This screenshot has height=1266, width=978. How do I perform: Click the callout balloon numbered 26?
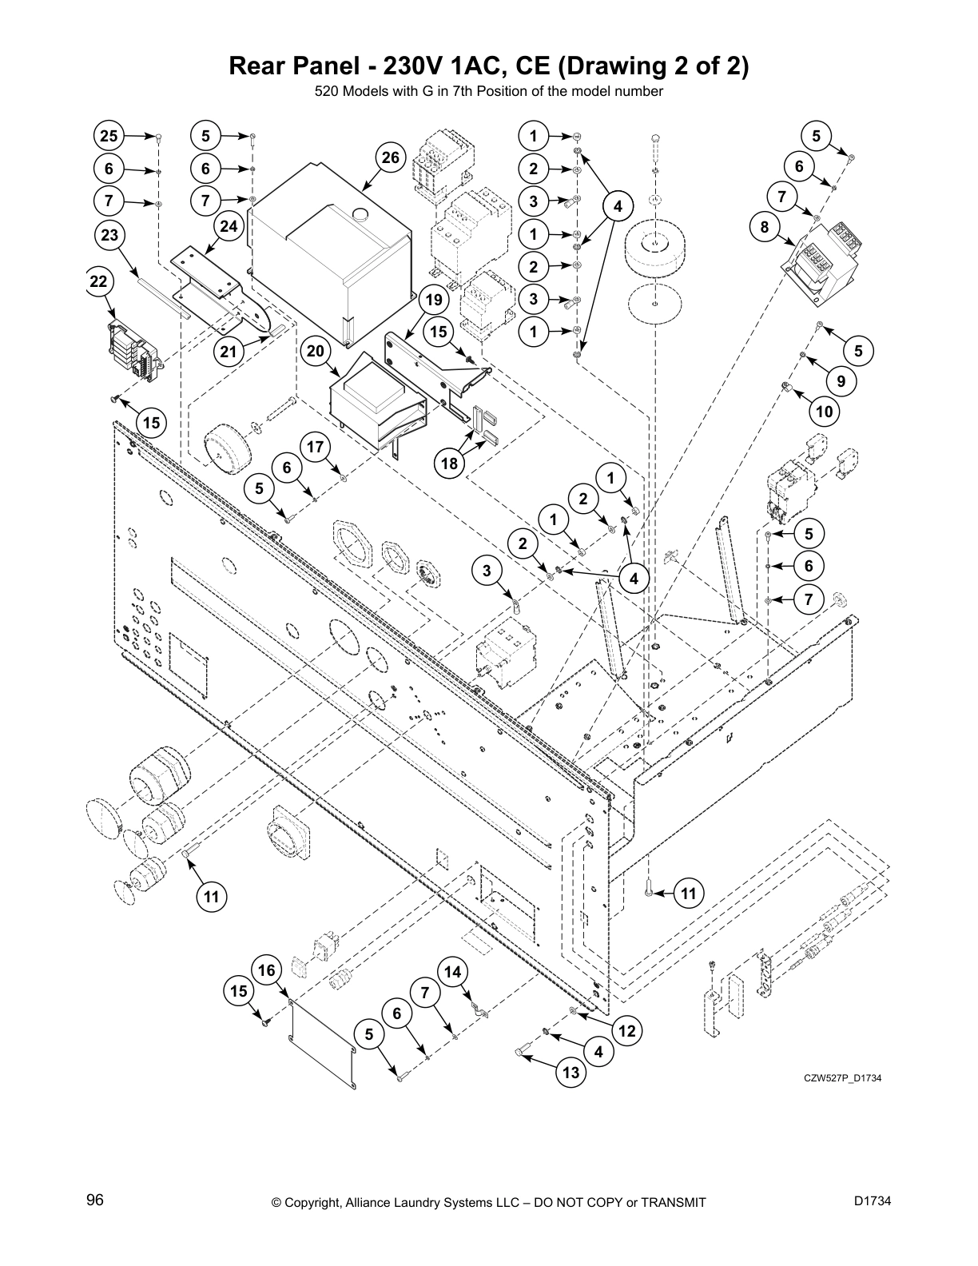click(389, 157)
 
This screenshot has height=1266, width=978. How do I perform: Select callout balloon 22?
click(99, 281)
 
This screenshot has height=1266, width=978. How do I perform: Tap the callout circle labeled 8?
click(765, 227)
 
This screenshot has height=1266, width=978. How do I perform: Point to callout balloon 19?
click(433, 300)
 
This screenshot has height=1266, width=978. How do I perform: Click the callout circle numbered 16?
click(267, 970)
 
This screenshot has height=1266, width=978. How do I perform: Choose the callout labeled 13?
click(570, 1073)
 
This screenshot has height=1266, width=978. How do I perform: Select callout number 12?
click(627, 1031)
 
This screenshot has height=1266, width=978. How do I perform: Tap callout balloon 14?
click(452, 972)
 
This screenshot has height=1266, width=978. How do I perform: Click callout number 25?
click(109, 136)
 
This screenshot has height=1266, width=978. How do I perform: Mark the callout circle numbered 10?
click(825, 412)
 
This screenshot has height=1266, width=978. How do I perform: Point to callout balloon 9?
click(841, 381)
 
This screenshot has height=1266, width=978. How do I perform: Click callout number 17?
click(316, 447)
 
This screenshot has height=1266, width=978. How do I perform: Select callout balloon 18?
click(450, 463)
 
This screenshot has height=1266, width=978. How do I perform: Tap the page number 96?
click(95, 1200)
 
